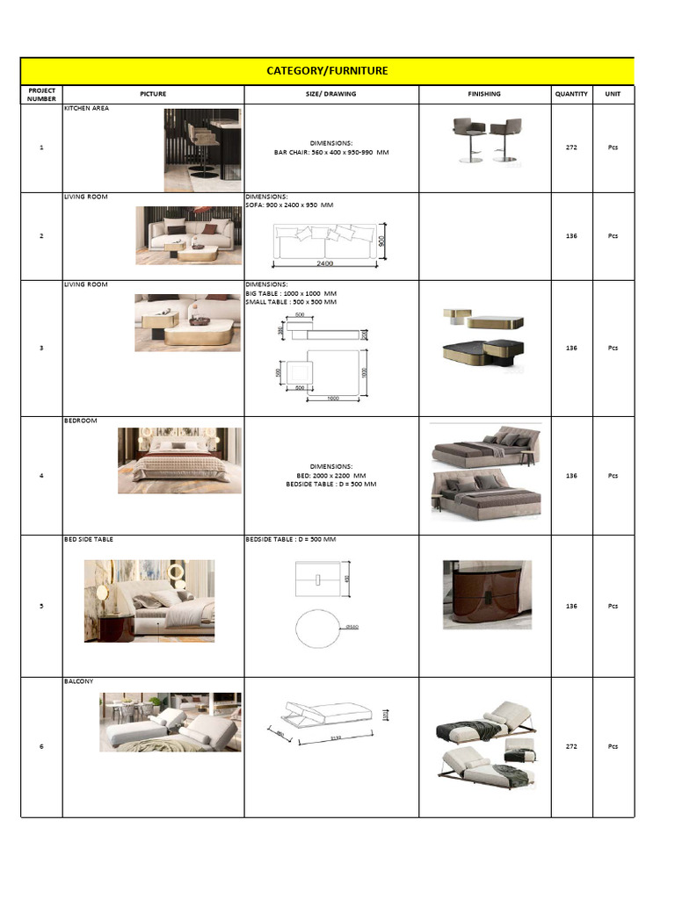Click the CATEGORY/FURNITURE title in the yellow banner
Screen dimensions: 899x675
(x=327, y=71)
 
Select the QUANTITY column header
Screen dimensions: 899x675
(x=570, y=94)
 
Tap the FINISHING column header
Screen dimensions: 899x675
(x=484, y=94)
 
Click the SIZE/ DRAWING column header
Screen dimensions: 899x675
(x=331, y=94)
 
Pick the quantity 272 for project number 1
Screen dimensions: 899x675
(x=571, y=147)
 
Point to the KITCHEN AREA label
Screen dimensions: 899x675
(x=85, y=109)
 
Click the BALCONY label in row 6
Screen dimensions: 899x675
(x=79, y=681)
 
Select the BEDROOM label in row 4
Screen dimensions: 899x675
(x=81, y=421)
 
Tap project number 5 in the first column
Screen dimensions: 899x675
(x=41, y=606)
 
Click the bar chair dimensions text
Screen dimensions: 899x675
(x=331, y=152)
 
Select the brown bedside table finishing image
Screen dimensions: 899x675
(x=487, y=593)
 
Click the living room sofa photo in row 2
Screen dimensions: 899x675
(x=188, y=235)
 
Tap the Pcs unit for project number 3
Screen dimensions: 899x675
(x=613, y=349)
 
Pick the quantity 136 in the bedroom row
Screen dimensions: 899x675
(x=571, y=476)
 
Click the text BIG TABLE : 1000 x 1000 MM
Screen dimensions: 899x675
(x=291, y=293)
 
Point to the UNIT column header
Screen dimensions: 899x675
(x=613, y=94)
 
